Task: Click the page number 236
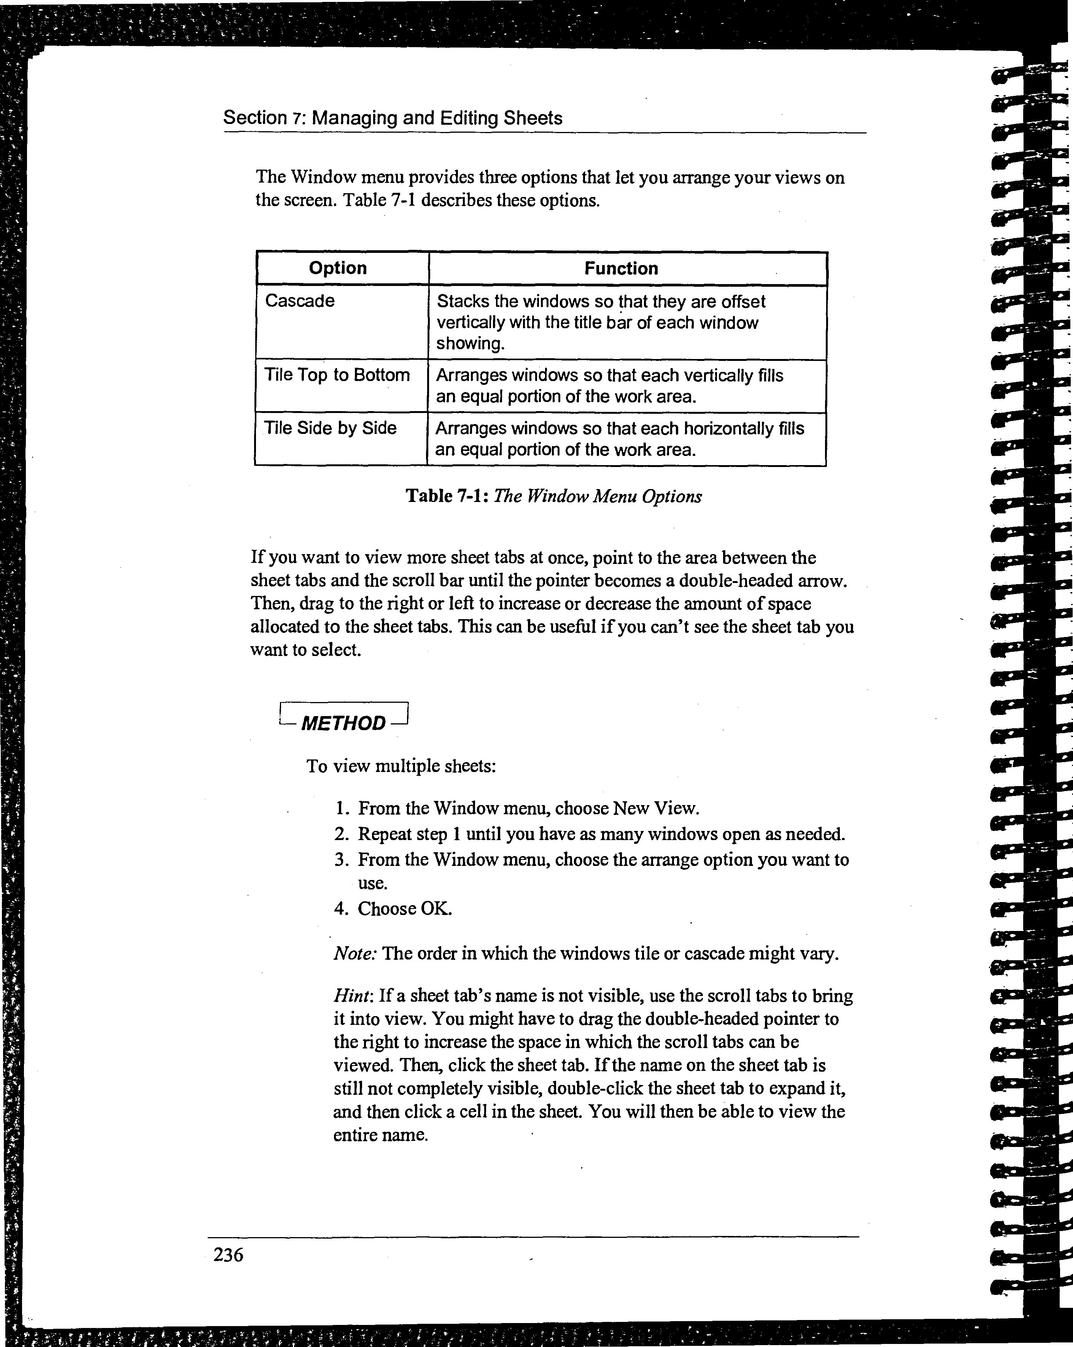click(228, 1254)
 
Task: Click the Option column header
click(337, 268)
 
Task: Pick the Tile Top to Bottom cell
click(337, 375)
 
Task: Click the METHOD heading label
click(343, 723)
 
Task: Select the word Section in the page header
click(254, 118)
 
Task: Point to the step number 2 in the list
click(340, 834)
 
